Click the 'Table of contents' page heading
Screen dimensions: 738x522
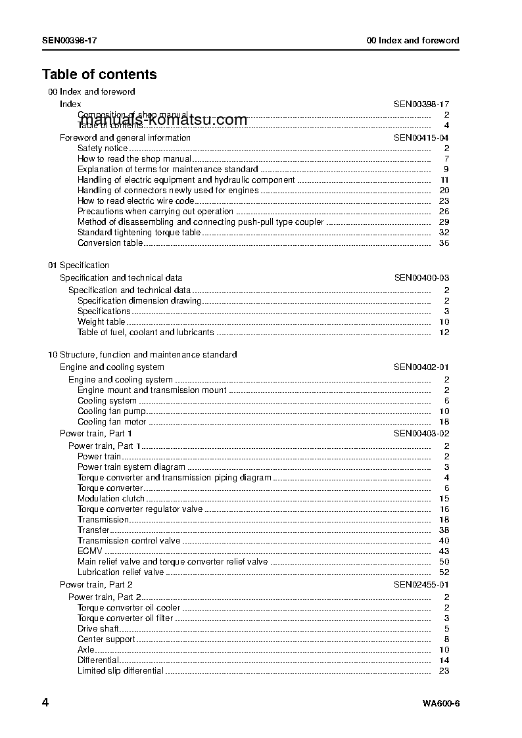(99, 74)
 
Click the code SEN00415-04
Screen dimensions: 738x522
(421, 138)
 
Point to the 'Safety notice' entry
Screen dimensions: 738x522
(103, 149)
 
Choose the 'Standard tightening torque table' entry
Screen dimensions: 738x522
(139, 233)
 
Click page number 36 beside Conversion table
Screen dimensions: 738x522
(444, 243)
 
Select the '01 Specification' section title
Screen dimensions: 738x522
(78, 265)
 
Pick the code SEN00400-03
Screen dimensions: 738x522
(421, 278)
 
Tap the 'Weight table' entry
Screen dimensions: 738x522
(101, 322)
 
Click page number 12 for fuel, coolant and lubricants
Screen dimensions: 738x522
(444, 333)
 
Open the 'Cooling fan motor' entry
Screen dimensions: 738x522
(112, 422)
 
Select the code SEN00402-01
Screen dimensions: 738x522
(421, 367)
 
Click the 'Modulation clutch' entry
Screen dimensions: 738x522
(111, 499)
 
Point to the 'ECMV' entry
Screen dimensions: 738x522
(90, 551)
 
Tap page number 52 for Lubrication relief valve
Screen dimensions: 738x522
(444, 572)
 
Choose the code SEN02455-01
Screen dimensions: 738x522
(421, 585)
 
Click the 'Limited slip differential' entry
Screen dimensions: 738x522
(120, 671)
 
